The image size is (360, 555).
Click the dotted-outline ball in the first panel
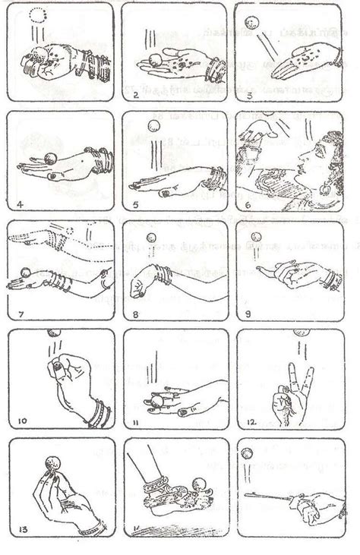coord(38,13)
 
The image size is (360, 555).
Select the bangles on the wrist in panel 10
coord(96,415)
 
